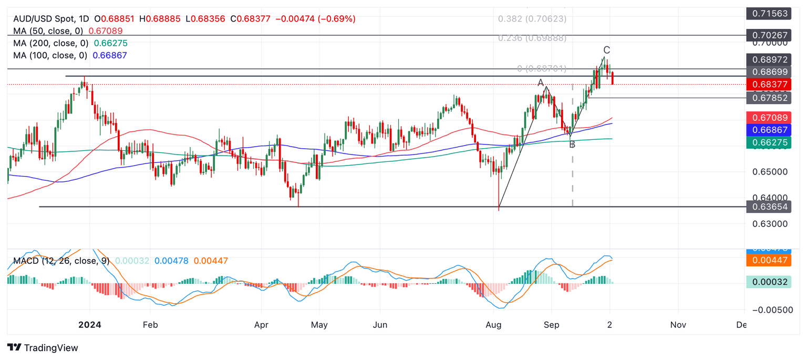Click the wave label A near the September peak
(541, 83)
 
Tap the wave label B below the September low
(572, 145)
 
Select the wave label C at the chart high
(607, 50)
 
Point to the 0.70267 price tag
(770, 36)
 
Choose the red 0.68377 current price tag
(770, 84)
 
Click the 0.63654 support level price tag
(770, 207)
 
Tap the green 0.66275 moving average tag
(770, 142)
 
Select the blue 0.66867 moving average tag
(770, 130)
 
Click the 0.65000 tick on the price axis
(770, 172)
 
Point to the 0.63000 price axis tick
(770, 224)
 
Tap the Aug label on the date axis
(494, 325)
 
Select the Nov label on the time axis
(678, 325)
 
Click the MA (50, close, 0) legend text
(50, 31)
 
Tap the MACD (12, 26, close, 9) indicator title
(61, 261)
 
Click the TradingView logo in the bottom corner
(43, 348)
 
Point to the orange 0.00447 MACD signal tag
(770, 260)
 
